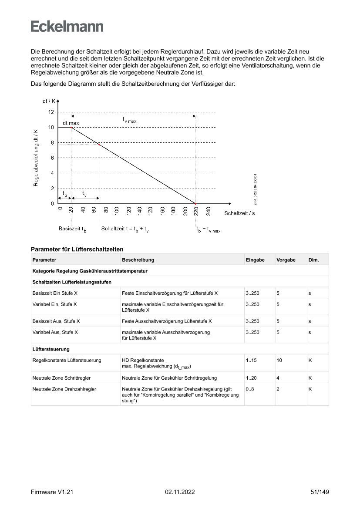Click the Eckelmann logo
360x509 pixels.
(x=67, y=26)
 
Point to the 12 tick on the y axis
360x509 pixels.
(x=51, y=112)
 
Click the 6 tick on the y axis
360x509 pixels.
(x=52, y=158)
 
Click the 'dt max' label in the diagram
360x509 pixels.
(x=71, y=123)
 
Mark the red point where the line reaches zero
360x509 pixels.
(x=195, y=203)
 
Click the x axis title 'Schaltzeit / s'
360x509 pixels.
(x=239, y=213)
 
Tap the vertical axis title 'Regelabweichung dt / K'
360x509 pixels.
(x=36, y=158)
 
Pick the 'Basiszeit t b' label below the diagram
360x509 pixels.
(x=72, y=229)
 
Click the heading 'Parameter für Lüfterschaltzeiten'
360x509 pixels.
(x=77, y=249)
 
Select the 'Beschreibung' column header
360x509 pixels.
(x=138, y=260)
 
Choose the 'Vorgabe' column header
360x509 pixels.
(x=286, y=260)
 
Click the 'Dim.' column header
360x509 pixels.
(x=313, y=260)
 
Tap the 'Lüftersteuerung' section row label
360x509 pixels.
(x=51, y=349)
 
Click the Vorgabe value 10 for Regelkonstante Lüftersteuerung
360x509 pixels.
(x=279, y=360)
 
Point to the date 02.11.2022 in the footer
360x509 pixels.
(x=180, y=492)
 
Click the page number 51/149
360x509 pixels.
(x=320, y=492)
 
